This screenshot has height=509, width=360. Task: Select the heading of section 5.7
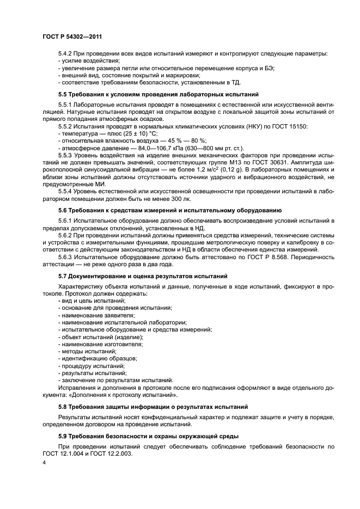point(143,277)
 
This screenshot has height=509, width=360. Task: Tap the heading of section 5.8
point(153,406)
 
